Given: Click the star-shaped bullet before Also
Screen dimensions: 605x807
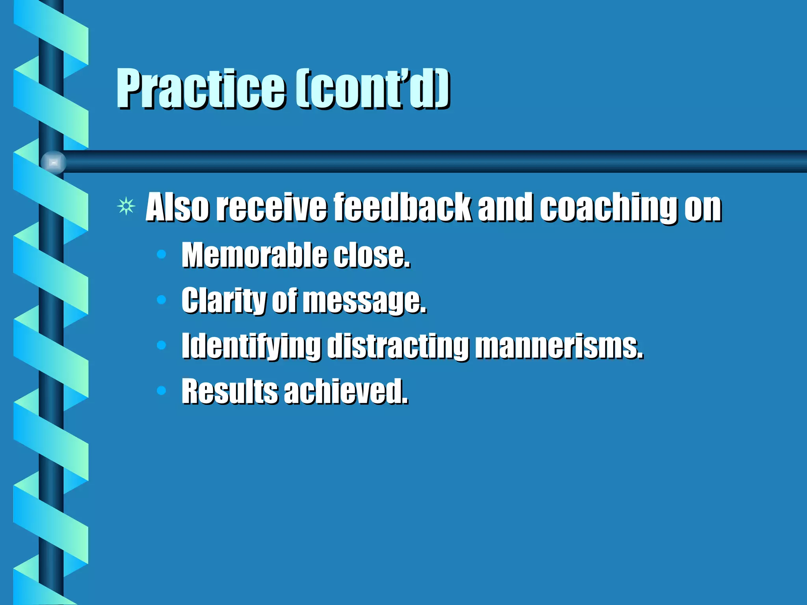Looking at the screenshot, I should [126, 206].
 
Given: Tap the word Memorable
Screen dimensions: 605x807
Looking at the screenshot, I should [254, 255].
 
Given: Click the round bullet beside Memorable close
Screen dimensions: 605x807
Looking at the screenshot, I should [161, 254].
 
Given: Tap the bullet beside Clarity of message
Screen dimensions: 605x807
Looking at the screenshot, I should [161, 300].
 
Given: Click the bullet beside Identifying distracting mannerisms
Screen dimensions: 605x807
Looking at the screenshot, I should [161, 345].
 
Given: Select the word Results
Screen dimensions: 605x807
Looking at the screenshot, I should [229, 391].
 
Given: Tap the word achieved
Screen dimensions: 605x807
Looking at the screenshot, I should [346, 391].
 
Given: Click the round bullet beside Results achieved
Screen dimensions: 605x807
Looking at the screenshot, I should [161, 390].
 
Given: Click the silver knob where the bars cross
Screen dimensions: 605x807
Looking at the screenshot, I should [54, 162].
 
